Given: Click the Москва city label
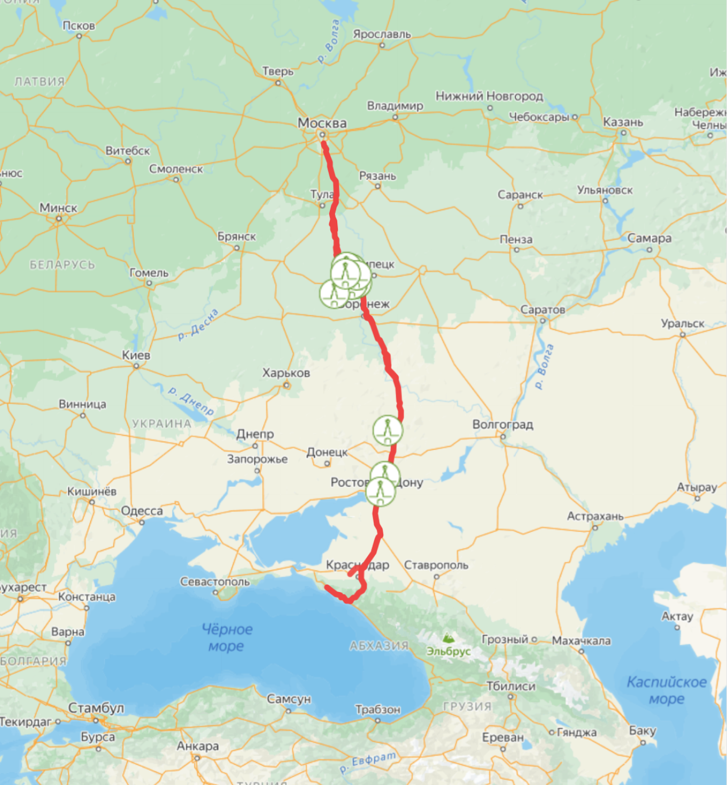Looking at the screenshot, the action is (x=322, y=123).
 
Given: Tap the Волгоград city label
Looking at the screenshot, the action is (x=502, y=425).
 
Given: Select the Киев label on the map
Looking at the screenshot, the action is (x=136, y=355).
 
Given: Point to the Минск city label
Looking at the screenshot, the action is (x=58, y=208).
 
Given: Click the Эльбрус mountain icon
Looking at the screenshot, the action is (x=448, y=638).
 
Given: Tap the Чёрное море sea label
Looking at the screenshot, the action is (x=227, y=637).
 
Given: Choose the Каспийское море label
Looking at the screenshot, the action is (x=667, y=690).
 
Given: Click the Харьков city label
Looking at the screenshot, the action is (x=286, y=373).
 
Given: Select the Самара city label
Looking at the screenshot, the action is (x=649, y=238).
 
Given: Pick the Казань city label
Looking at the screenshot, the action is (x=623, y=122).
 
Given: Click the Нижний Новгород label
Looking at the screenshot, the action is (x=489, y=96).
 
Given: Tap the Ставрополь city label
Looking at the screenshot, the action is (x=436, y=565).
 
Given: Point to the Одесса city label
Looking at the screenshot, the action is (x=142, y=511).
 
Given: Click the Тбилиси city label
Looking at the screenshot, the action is (x=511, y=686).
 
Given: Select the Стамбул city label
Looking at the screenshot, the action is (x=96, y=708).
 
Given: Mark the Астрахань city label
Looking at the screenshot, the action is (x=595, y=517).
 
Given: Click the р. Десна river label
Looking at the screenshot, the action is (x=198, y=325).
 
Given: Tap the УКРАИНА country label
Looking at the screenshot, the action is (x=161, y=424).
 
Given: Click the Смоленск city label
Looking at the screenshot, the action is (x=176, y=169).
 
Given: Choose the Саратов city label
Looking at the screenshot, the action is (x=543, y=310).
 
